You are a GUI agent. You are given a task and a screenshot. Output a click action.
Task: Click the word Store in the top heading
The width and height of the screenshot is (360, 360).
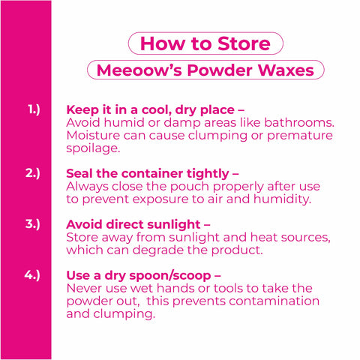(x=244, y=43)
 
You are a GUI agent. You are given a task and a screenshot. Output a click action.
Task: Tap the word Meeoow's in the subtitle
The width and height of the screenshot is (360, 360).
(x=139, y=70)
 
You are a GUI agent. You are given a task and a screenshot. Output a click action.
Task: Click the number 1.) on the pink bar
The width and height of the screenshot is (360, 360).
(x=34, y=109)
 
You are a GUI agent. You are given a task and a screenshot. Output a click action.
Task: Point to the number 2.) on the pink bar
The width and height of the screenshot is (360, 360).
(x=33, y=173)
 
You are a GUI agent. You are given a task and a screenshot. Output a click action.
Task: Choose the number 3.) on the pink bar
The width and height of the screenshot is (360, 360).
(x=33, y=224)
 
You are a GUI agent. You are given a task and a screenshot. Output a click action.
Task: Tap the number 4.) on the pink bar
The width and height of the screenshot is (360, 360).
(x=32, y=275)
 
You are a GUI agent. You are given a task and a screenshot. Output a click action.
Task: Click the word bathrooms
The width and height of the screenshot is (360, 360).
(x=299, y=122)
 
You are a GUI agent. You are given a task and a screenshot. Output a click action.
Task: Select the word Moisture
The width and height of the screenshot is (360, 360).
(x=93, y=136)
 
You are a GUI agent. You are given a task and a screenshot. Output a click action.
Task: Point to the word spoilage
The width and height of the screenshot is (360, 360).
(x=93, y=148)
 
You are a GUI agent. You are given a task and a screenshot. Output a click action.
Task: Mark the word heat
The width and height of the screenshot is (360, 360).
(x=264, y=237)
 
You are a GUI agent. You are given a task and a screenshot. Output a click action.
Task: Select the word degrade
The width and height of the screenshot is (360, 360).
(x=158, y=250)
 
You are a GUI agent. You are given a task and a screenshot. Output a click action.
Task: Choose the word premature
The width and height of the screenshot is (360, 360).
(x=300, y=136)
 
